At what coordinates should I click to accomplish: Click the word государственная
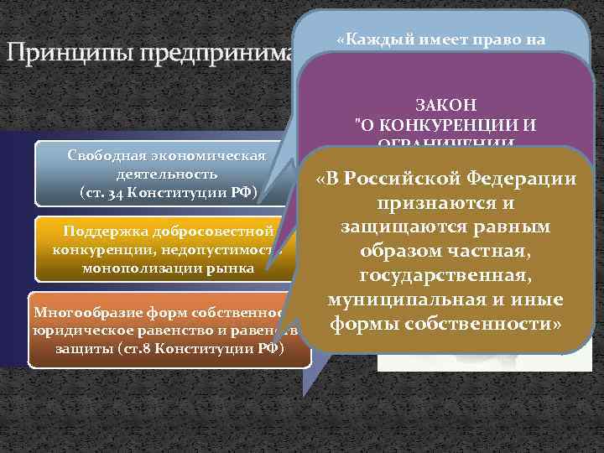(x=445, y=276)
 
